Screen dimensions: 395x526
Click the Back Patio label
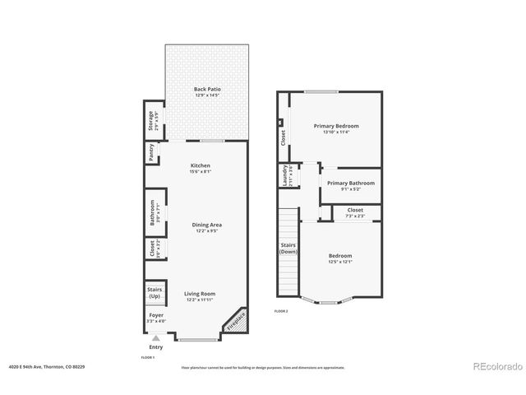[x=207, y=89]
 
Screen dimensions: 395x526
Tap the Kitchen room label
[x=201, y=165]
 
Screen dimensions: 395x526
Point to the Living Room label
[x=199, y=294]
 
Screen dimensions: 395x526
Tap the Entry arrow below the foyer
[x=155, y=337]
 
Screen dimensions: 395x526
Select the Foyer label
[x=155, y=315]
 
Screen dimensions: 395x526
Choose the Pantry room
[x=152, y=152]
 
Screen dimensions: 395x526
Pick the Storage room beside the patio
[x=152, y=121]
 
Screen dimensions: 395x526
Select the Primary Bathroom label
[x=350, y=183]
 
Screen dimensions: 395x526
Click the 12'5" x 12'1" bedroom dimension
[x=340, y=262]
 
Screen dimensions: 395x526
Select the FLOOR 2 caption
[x=281, y=311]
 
